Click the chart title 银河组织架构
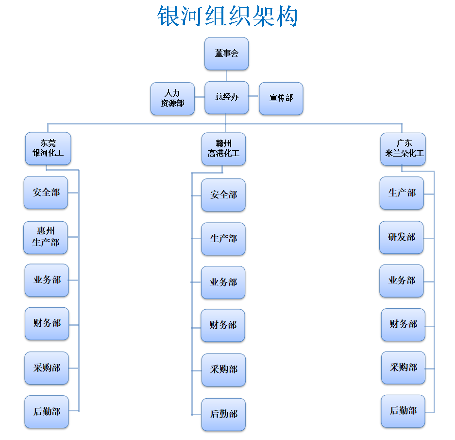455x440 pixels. point(227,17)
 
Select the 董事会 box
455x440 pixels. point(226,53)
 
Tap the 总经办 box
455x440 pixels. point(226,97)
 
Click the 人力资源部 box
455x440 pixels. point(172,98)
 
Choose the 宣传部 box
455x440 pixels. point(281,98)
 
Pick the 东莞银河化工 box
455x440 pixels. point(48,148)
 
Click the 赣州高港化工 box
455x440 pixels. point(223,149)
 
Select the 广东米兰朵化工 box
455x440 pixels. point(403,149)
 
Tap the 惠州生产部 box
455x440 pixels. point(46,237)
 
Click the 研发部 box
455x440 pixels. point(402,237)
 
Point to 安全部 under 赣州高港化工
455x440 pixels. point(223,195)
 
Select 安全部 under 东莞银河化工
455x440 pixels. point(46,193)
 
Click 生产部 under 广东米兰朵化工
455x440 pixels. point(402,193)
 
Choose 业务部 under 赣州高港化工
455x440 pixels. point(223,282)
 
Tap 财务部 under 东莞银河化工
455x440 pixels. point(47,323)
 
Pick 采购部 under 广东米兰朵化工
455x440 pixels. point(403,368)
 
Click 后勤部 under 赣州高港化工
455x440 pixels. point(223,414)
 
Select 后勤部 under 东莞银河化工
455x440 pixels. point(47,412)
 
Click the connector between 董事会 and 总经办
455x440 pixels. point(226,75)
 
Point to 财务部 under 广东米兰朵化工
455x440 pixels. point(403,324)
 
